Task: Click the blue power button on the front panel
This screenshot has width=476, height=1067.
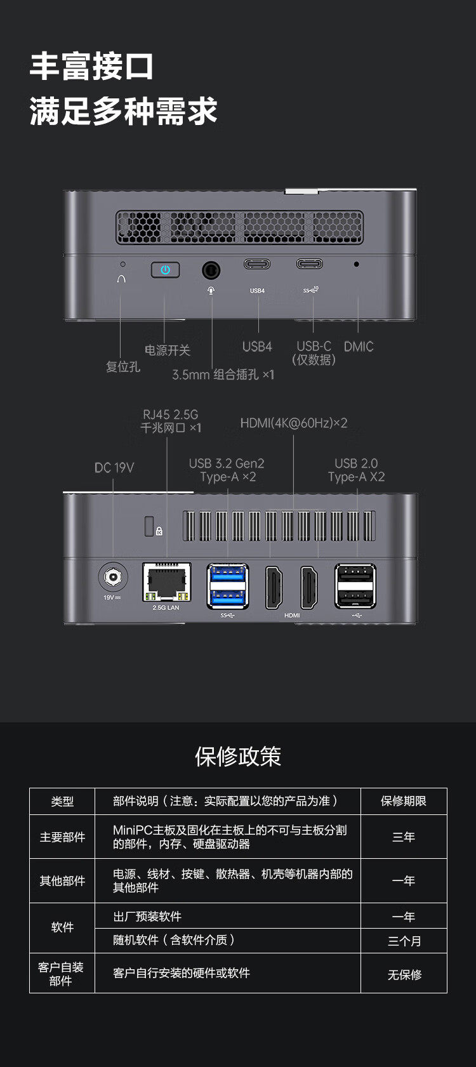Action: [165, 270]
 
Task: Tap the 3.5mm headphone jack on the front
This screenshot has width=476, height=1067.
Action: [211, 271]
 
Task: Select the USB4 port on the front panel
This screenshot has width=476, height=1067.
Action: [257, 264]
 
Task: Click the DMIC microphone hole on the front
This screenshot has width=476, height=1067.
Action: [356, 264]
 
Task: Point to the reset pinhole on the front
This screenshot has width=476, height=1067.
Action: [122, 264]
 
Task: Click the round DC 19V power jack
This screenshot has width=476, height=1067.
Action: [113, 577]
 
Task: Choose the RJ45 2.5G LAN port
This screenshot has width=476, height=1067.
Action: [166, 582]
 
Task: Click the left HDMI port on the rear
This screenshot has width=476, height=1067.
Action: [275, 587]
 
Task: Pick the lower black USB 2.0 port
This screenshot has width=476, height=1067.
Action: [355, 597]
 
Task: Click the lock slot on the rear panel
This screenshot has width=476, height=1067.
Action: [150, 526]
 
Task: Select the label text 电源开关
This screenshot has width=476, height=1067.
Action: [167, 350]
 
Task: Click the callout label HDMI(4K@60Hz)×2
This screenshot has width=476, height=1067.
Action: [293, 423]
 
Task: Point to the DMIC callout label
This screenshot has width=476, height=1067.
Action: [359, 347]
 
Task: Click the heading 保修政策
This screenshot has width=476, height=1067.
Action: [238, 756]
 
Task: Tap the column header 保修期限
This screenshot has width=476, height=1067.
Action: [404, 801]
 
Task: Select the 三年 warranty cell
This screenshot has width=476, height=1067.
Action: [404, 837]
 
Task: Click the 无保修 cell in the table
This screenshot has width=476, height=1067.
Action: [404, 974]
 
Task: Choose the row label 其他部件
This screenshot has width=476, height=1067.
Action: [62, 880]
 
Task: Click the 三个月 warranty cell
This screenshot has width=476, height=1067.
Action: [404, 941]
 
